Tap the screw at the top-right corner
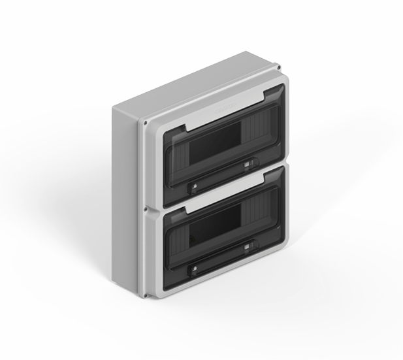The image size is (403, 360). coord(280,67)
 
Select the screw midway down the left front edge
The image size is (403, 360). coord(144,210)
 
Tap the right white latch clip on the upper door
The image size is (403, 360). coord(247,166)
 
